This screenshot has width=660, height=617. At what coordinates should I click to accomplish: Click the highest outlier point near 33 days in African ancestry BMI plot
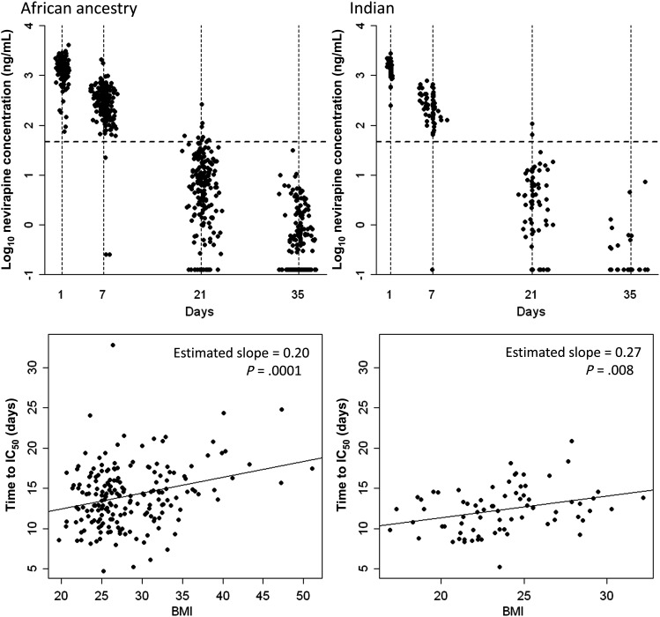tap(113, 321)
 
